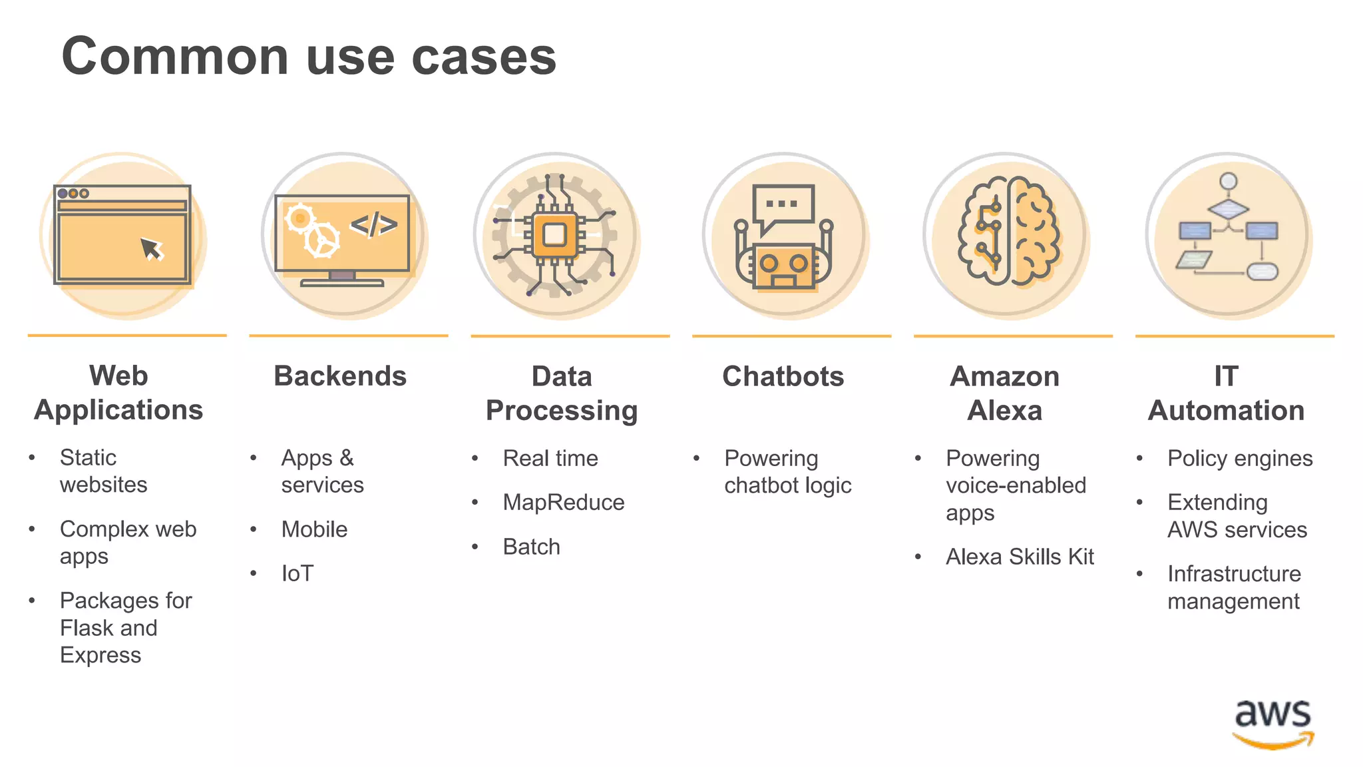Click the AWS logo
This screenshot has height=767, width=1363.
(1273, 724)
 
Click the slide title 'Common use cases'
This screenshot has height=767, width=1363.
(309, 57)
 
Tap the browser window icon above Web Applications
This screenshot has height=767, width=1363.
(122, 235)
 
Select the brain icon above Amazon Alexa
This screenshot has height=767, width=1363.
(1008, 232)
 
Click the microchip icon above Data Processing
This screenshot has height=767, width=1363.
(555, 234)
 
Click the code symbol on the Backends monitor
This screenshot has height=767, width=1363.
(374, 224)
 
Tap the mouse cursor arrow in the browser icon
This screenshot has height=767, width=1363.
(152, 249)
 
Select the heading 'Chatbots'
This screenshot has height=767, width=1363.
(783, 377)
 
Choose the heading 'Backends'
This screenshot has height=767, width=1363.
(340, 376)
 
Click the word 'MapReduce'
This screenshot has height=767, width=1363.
(564, 503)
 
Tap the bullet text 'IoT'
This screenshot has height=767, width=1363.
(297, 574)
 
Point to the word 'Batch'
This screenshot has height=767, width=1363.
(532, 547)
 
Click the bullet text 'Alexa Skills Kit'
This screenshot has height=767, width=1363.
(1020, 557)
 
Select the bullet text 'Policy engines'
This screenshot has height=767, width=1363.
(1240, 459)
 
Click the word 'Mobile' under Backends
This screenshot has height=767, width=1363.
(314, 530)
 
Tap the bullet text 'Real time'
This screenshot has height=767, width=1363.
(550, 459)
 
